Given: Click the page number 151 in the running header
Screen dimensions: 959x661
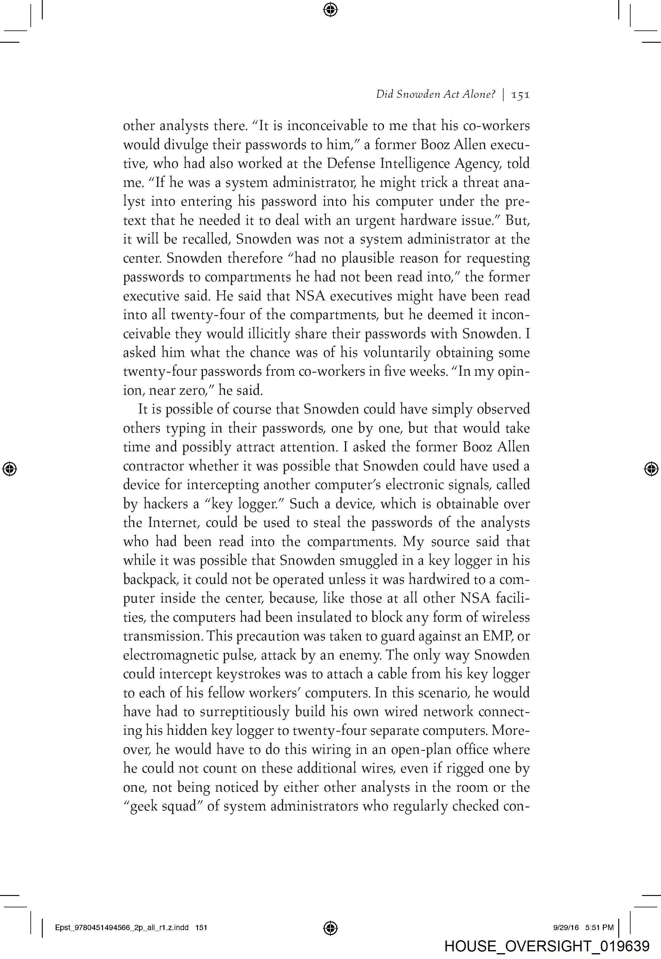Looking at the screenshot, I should click(x=520, y=95).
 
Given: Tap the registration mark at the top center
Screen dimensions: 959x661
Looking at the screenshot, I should click(x=330, y=9).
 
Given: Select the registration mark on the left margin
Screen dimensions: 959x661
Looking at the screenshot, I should click(x=10, y=469).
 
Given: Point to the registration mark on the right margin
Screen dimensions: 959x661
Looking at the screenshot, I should click(x=651, y=469).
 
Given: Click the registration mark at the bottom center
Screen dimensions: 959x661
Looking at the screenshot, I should click(x=330, y=928).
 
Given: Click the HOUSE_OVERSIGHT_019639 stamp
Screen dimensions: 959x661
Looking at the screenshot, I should click(x=547, y=946).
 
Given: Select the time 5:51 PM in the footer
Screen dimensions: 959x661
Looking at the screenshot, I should click(x=599, y=928).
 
